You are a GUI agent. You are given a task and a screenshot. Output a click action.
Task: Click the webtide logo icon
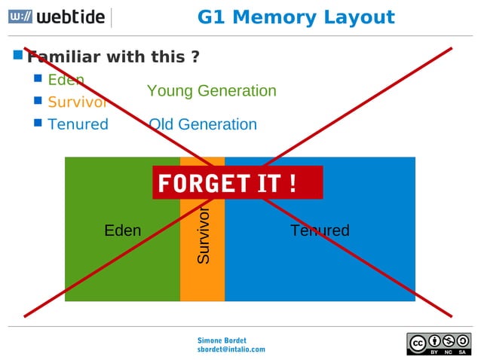coord(20,17)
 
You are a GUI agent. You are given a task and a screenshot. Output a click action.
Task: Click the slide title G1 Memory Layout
coord(296,17)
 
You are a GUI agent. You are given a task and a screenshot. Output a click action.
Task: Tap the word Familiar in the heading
coord(65,57)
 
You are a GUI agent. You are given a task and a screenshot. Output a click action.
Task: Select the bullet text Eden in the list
coord(66,80)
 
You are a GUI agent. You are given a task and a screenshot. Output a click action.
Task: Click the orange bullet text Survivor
coord(77,102)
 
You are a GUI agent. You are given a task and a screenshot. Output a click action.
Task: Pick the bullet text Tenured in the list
coord(78,124)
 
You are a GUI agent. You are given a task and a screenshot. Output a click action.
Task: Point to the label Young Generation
coord(211,91)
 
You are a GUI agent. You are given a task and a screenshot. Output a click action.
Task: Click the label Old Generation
coord(202,124)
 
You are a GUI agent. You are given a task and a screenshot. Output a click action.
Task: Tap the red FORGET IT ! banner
coord(237,183)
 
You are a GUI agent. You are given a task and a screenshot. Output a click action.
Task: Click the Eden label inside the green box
coord(122,230)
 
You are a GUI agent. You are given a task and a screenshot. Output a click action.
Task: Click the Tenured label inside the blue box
coord(320,230)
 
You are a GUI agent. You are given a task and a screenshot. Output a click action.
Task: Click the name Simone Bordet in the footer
coord(222,340)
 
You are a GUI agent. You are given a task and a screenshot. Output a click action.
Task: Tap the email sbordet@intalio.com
coord(231,349)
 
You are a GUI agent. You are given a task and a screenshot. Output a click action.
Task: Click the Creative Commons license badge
coord(439,343)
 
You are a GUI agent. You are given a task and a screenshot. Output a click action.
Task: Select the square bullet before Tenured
coord(38,123)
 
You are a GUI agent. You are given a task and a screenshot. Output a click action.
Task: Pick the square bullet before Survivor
coord(38,100)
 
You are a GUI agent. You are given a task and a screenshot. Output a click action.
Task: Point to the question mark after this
coord(195,57)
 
